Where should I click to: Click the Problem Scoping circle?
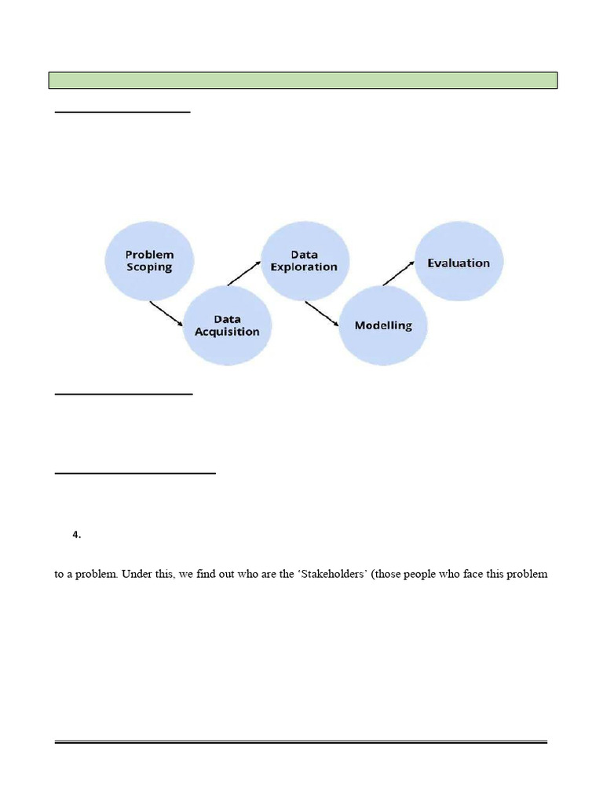point(149,260)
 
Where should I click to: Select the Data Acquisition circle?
point(227,325)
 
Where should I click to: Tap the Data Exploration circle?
point(304,260)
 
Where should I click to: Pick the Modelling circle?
point(383,325)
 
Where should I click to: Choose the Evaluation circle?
point(459,263)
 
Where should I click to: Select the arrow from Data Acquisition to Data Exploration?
point(243,274)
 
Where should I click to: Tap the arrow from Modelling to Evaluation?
point(400,274)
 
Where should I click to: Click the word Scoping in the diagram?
point(149,267)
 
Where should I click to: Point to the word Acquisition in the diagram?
point(227,332)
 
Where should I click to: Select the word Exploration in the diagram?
point(304,267)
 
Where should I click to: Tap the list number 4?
point(76,535)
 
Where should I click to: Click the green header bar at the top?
point(303,80)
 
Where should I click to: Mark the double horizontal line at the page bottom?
point(301,741)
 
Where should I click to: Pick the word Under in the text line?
point(137,574)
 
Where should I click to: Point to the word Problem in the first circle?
point(149,255)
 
